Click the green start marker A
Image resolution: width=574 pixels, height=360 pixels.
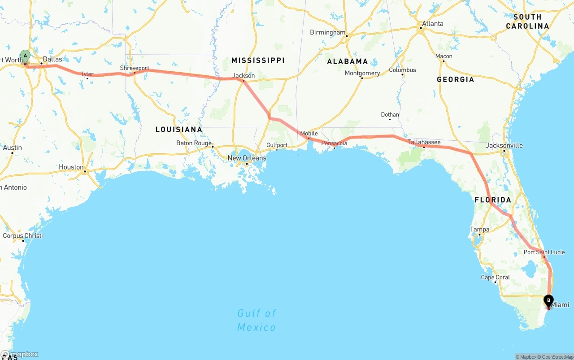click(x=25, y=57)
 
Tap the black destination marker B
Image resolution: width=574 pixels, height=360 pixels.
click(x=548, y=301)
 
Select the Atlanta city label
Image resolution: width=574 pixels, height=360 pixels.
click(x=432, y=24)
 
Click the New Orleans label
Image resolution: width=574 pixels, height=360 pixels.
click(x=247, y=158)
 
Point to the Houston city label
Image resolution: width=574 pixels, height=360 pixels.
click(x=71, y=167)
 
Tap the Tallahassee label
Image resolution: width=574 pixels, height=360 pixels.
click(x=424, y=142)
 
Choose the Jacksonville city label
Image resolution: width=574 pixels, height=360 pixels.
click(x=504, y=145)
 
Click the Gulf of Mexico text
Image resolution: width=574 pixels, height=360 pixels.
click(x=257, y=320)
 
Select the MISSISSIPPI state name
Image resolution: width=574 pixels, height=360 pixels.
click(x=258, y=60)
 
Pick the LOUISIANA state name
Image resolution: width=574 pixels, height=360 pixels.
click(x=179, y=130)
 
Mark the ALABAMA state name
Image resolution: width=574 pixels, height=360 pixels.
click(x=347, y=61)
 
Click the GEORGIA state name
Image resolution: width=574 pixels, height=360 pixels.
click(x=455, y=79)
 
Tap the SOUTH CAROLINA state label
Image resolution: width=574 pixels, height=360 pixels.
click(x=527, y=22)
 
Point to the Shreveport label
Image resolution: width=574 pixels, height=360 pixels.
click(x=135, y=68)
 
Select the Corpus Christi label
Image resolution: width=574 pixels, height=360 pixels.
click(x=23, y=235)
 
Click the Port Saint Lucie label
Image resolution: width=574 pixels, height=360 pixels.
click(x=544, y=252)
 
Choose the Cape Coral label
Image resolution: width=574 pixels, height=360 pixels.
click(x=495, y=278)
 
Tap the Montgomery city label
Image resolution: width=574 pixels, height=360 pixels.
click(x=362, y=73)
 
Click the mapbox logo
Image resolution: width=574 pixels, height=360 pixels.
click(x=20, y=354)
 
